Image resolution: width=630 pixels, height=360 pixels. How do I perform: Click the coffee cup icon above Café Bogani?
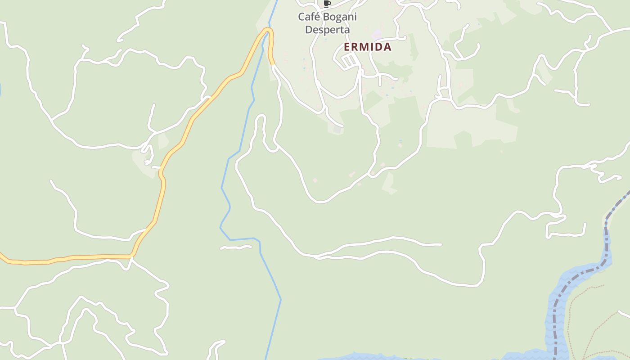(327, 4)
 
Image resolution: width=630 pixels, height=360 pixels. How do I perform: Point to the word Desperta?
(328, 30)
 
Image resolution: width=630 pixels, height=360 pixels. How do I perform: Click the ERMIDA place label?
(368, 47)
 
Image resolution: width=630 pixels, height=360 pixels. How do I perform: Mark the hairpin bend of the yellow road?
(268, 31)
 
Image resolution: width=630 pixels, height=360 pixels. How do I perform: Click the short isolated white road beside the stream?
(236, 247)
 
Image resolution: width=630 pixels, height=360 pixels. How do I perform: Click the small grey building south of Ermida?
(337, 130)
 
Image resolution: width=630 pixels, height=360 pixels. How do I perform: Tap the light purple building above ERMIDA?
(376, 34)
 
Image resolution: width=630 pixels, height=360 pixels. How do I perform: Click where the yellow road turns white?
(273, 66)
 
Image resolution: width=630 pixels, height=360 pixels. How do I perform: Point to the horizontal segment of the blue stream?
(243, 239)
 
